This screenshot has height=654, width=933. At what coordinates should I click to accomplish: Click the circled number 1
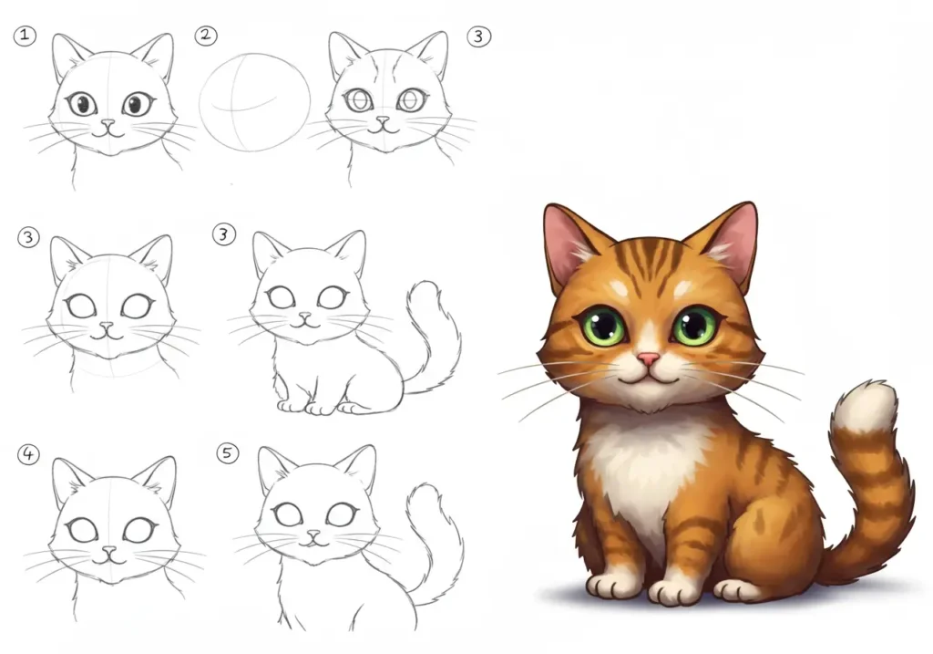pos(25,36)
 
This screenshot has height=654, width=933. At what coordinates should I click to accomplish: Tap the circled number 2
pos(207,36)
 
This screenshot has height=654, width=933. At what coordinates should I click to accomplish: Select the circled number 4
pos(29,454)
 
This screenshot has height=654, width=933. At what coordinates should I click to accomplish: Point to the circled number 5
pos(228,453)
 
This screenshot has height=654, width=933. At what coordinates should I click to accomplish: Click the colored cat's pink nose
pos(648,359)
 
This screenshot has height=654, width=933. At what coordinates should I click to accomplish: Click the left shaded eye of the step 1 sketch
pos(81,104)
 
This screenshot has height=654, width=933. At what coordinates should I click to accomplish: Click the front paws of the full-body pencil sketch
pos(306,405)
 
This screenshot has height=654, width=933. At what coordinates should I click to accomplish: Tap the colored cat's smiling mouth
pos(649,376)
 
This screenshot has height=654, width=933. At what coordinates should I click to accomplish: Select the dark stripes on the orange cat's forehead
pos(648,260)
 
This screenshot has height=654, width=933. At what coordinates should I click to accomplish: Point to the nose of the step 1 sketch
pos(108,122)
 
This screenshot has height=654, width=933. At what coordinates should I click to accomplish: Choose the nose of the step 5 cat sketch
pos(315,535)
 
